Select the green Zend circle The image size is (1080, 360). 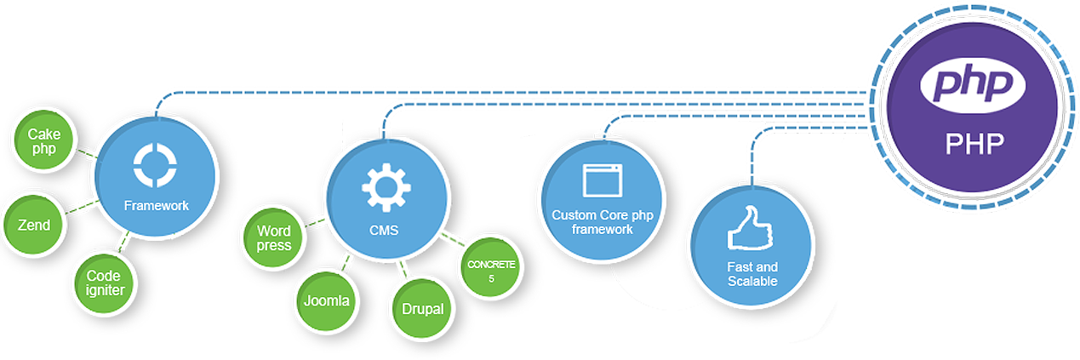click(34, 225)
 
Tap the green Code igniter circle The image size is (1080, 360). click(105, 283)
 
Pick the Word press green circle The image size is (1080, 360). click(274, 237)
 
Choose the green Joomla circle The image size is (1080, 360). click(326, 300)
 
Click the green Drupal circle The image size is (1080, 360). click(422, 308)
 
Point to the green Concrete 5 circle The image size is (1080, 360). click(491, 271)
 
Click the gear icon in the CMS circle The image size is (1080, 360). click(386, 187)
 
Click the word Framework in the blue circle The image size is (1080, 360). click(156, 205)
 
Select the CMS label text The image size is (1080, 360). click(385, 230)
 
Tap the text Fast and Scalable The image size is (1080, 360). click(752, 273)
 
